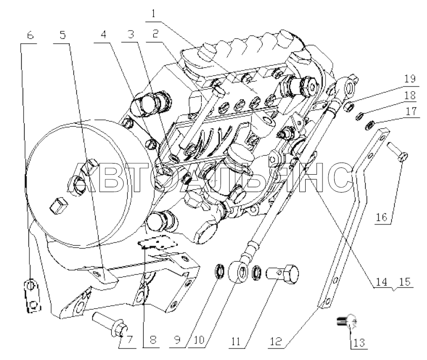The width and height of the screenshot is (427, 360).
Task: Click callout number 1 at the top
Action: [x=153, y=14]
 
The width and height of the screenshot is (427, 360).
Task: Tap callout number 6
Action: [x=30, y=35]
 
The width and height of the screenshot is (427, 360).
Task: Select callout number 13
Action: [x=359, y=342]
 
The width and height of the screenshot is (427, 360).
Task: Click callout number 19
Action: [x=410, y=79]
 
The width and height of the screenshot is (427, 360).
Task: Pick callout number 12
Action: [x=276, y=341]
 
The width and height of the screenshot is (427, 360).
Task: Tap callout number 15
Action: [x=405, y=281]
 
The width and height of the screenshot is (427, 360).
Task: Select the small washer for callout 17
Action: [x=370, y=126]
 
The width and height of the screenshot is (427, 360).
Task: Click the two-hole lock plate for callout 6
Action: [x=32, y=295]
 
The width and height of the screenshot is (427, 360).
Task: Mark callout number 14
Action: [x=381, y=281]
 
